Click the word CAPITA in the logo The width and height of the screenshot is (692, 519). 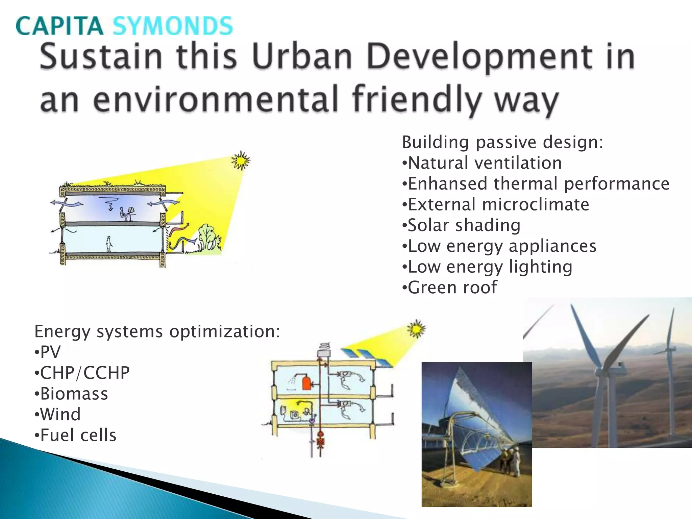point(59,26)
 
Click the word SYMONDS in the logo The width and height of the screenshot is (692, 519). point(172,26)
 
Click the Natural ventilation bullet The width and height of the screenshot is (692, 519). point(482,163)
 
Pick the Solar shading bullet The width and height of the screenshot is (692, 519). point(461,225)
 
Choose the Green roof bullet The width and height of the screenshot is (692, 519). point(450,288)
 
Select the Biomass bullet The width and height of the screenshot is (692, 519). point(71,394)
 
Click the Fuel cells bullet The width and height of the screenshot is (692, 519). point(76,435)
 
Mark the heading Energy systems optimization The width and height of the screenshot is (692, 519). point(157,331)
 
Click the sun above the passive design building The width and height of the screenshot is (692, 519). point(241,160)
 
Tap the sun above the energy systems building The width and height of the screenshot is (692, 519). point(416,328)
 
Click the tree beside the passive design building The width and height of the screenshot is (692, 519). point(208,237)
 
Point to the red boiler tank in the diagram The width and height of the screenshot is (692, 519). point(306,383)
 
